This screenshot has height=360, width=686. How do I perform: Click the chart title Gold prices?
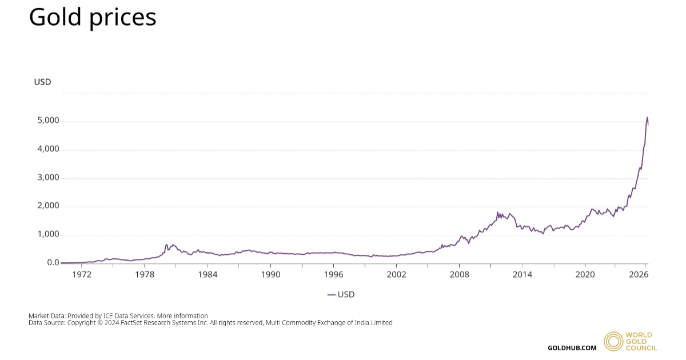coord(93,17)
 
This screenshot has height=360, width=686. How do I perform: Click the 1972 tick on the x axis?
coord(82,274)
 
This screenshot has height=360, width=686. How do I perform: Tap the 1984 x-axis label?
coord(208,274)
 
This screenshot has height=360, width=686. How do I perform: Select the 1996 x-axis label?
coord(333,274)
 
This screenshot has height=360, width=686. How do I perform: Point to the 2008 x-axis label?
coord(459,274)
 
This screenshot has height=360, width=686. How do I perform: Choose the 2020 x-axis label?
coord(585,274)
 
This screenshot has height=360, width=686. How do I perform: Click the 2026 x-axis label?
coord(638,274)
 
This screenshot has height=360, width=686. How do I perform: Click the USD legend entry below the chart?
coord(341,295)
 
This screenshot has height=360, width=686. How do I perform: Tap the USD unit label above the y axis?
coord(42,82)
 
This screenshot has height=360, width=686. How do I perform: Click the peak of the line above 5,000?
coord(647,118)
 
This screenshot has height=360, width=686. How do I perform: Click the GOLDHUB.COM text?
coord(572,348)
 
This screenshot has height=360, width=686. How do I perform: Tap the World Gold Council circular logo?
coord(613,341)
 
